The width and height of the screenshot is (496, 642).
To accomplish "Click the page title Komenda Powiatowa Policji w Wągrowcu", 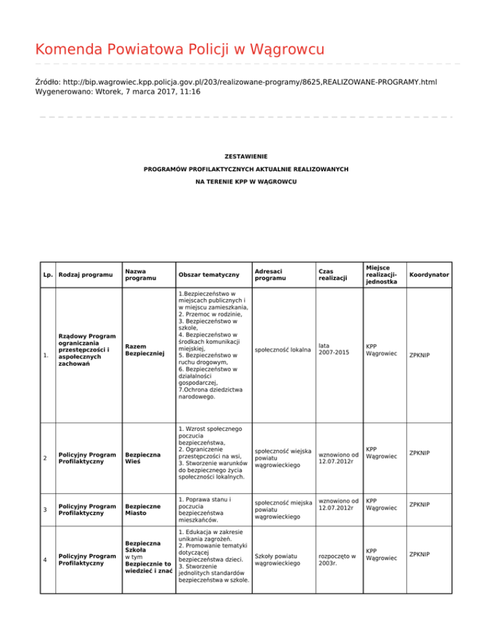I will click(x=180, y=49).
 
